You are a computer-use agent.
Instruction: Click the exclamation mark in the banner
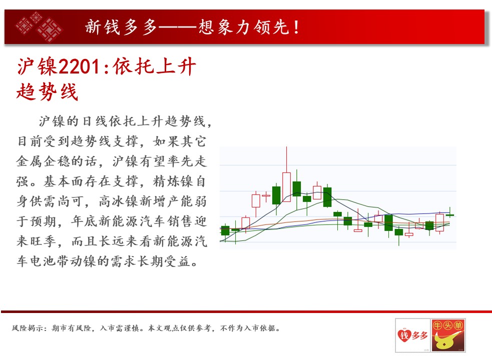tap(296, 27)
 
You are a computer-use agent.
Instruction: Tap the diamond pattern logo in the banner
tap(39, 26)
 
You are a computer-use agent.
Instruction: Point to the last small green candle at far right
tap(450, 215)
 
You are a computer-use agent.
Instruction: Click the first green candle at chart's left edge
tap(225, 230)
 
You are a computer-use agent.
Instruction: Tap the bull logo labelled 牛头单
tap(448, 335)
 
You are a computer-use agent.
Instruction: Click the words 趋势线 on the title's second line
tap(47, 92)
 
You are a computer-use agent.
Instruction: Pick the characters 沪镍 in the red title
tap(37, 66)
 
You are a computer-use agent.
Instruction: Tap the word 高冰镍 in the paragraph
tap(119, 201)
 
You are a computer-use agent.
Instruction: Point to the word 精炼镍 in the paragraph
tap(173, 181)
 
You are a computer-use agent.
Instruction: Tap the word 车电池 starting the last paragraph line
tap(37, 261)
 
